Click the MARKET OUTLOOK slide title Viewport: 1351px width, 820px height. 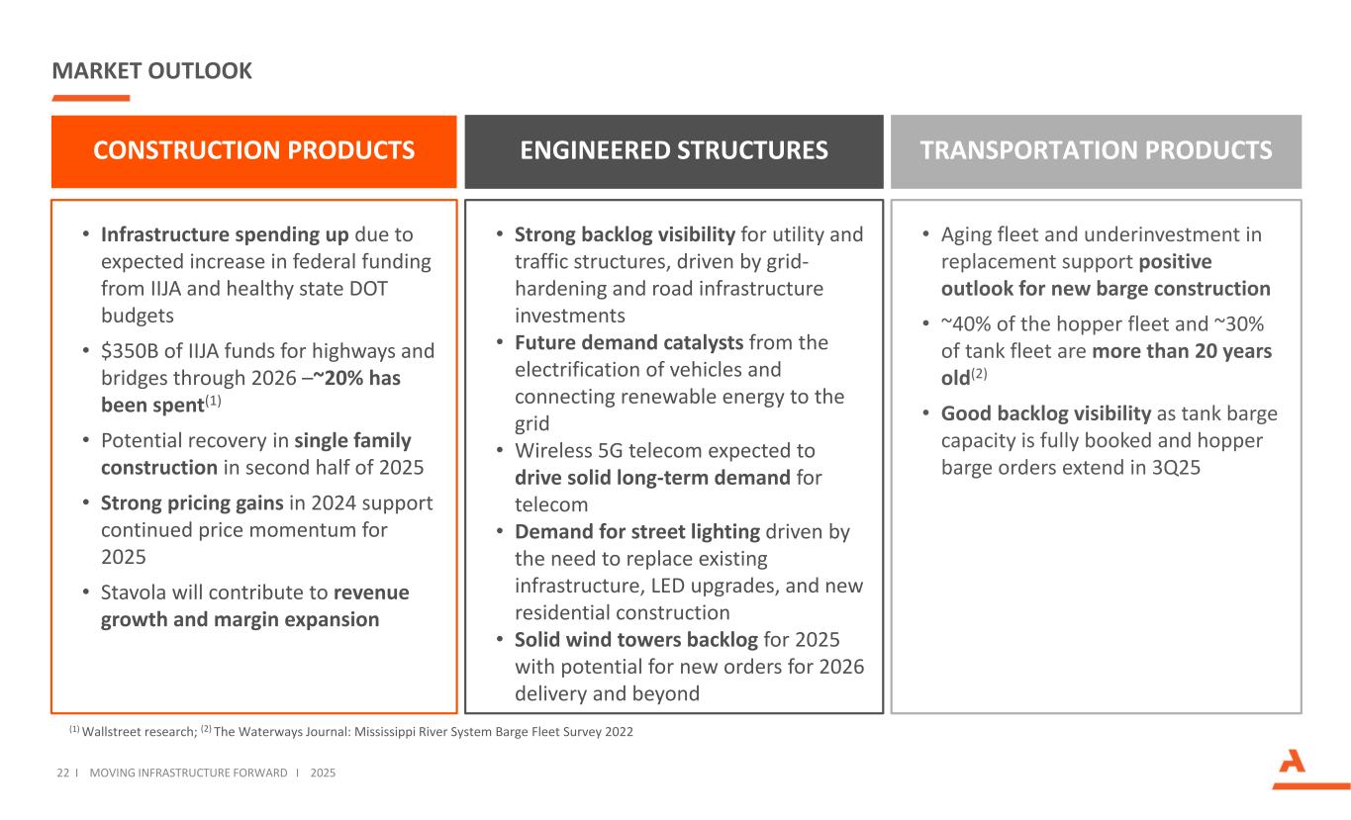151,71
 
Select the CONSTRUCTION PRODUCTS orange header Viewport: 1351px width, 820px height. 253,150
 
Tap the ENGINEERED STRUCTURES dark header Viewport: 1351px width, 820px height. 673,150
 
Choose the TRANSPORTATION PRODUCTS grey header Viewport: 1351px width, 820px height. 1096,150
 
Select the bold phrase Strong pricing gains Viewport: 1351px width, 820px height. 190,502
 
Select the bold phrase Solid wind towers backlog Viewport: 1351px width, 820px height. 636,639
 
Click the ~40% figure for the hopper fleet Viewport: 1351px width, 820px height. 967,324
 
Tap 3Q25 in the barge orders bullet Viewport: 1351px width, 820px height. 1174,467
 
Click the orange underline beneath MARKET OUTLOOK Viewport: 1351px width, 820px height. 90,98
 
